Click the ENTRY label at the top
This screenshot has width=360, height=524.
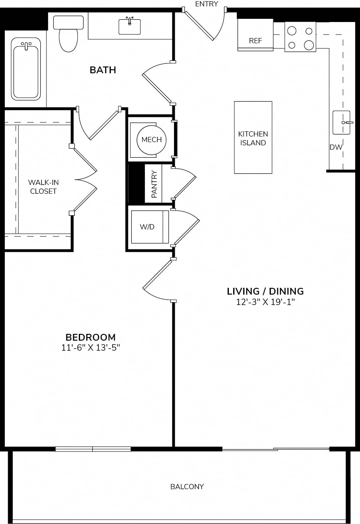tap(206, 4)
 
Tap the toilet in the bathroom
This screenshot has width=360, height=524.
tap(68, 34)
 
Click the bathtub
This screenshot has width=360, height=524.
tap(26, 69)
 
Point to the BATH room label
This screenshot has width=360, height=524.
tap(103, 70)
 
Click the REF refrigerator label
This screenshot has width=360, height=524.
tap(256, 41)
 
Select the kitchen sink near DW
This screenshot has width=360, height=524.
tap(342, 122)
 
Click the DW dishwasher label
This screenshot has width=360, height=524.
tap(336, 147)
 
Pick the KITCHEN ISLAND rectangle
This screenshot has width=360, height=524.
tap(253, 137)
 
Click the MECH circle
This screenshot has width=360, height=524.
tap(152, 140)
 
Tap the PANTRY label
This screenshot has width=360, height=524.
tap(154, 184)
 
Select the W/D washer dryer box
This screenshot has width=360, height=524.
tap(150, 227)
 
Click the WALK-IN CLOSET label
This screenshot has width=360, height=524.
tap(43, 187)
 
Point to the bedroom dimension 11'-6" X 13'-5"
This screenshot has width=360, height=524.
tap(90, 348)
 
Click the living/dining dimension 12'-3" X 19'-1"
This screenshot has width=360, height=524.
tap(265, 302)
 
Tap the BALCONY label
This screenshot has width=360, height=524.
tap(187, 487)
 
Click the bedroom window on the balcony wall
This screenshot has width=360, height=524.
tap(93, 449)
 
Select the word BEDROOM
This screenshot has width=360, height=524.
tap(90, 337)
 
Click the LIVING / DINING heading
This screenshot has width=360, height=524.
tap(265, 291)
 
